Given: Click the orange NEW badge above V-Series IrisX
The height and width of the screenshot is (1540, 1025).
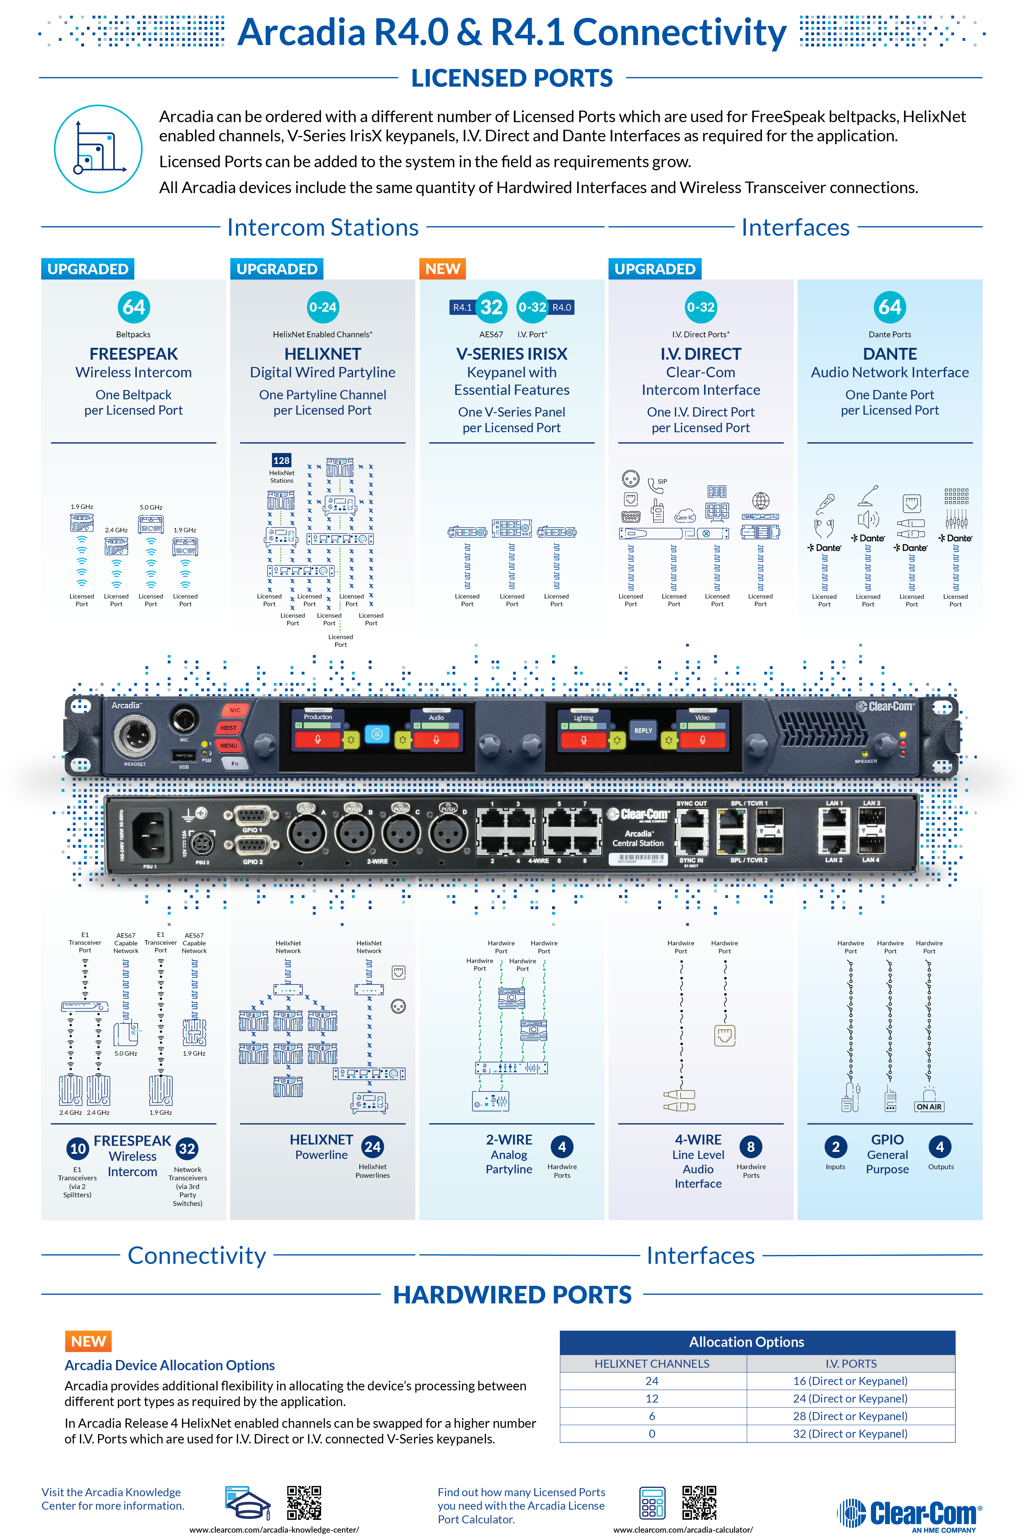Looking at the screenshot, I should coord(443,269).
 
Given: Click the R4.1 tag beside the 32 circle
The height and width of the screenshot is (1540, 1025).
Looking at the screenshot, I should coord(462,307).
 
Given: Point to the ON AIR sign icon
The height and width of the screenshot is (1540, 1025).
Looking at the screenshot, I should coord(929,1106).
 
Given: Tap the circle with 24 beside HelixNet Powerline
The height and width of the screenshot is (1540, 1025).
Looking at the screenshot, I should coord(373,1146).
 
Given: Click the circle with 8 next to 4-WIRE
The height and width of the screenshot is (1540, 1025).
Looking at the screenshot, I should coord(751,1146).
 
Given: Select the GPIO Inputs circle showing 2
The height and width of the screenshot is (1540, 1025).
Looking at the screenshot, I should coord(836,1146).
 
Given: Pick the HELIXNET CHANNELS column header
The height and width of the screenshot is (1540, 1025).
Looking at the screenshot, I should coord(652,1364).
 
